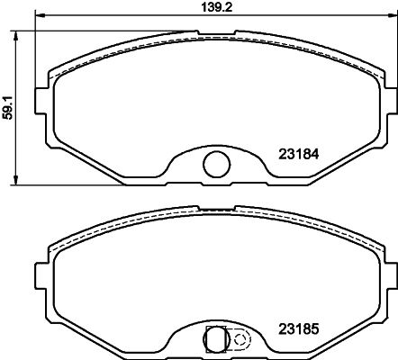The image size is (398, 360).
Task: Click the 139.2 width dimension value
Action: [x=216, y=7]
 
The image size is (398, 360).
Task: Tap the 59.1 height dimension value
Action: [x=7, y=108]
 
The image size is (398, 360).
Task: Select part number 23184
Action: [x=299, y=154]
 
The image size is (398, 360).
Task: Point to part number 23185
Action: [x=299, y=329]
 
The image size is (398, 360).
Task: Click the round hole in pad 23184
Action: [x=217, y=164]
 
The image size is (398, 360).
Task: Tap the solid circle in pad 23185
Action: [x=216, y=339]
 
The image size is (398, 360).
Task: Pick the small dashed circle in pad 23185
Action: [x=240, y=339]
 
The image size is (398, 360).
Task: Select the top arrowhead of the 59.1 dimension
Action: [x=14, y=35]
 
